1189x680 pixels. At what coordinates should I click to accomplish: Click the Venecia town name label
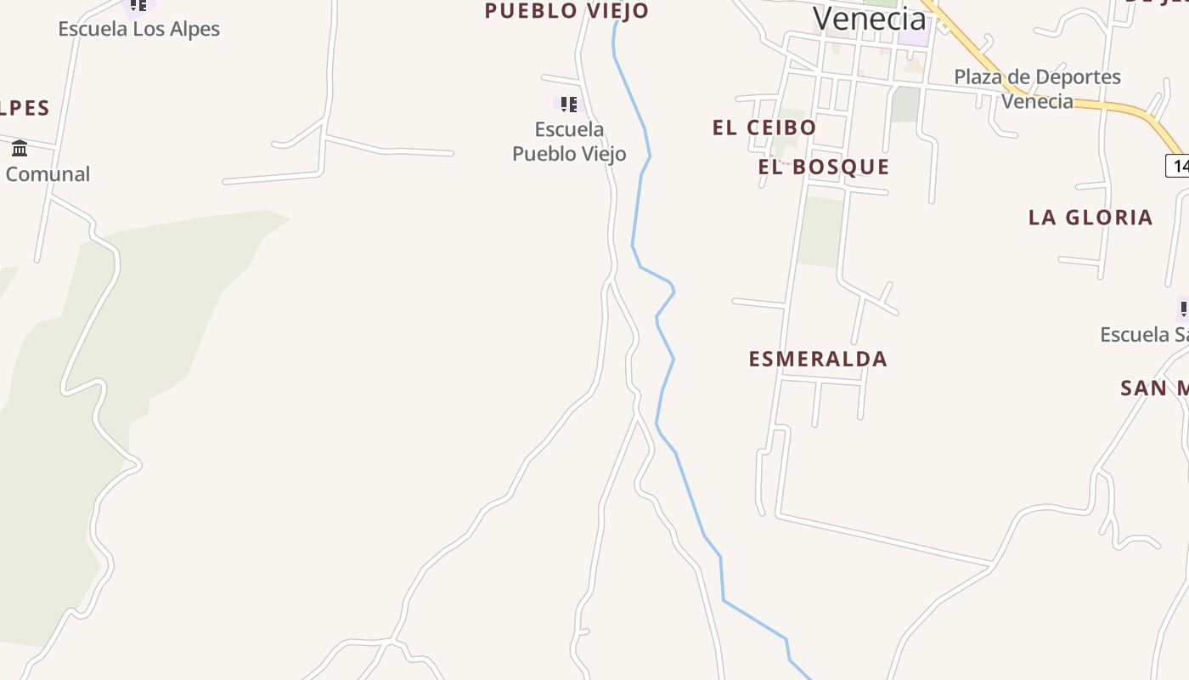click(x=869, y=18)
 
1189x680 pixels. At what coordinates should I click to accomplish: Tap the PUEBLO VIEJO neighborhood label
click(x=566, y=11)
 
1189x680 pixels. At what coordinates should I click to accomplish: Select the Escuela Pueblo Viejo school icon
click(x=568, y=105)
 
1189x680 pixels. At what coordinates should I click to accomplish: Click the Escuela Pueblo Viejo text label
click(x=569, y=141)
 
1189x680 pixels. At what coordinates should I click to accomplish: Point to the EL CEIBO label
click(x=764, y=127)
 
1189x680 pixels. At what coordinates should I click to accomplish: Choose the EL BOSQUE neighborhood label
click(x=823, y=167)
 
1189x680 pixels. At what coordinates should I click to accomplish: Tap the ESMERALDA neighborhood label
click(x=818, y=359)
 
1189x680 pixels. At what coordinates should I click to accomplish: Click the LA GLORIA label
click(x=1090, y=218)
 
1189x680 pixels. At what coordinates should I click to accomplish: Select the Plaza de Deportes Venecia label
click(x=1037, y=88)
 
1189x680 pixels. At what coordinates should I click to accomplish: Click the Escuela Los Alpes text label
click(x=138, y=29)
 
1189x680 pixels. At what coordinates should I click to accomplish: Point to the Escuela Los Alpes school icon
click(x=138, y=6)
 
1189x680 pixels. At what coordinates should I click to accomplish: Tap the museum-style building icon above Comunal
click(x=20, y=149)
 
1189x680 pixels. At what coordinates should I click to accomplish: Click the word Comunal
click(x=48, y=174)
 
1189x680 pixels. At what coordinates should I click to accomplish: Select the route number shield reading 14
click(x=1179, y=164)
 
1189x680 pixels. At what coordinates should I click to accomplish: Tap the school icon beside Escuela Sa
click(x=1183, y=308)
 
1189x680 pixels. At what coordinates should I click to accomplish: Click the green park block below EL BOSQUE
click(x=820, y=230)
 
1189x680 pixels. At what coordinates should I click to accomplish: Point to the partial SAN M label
click(x=1153, y=388)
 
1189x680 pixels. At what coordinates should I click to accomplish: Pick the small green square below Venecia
click(x=906, y=104)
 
